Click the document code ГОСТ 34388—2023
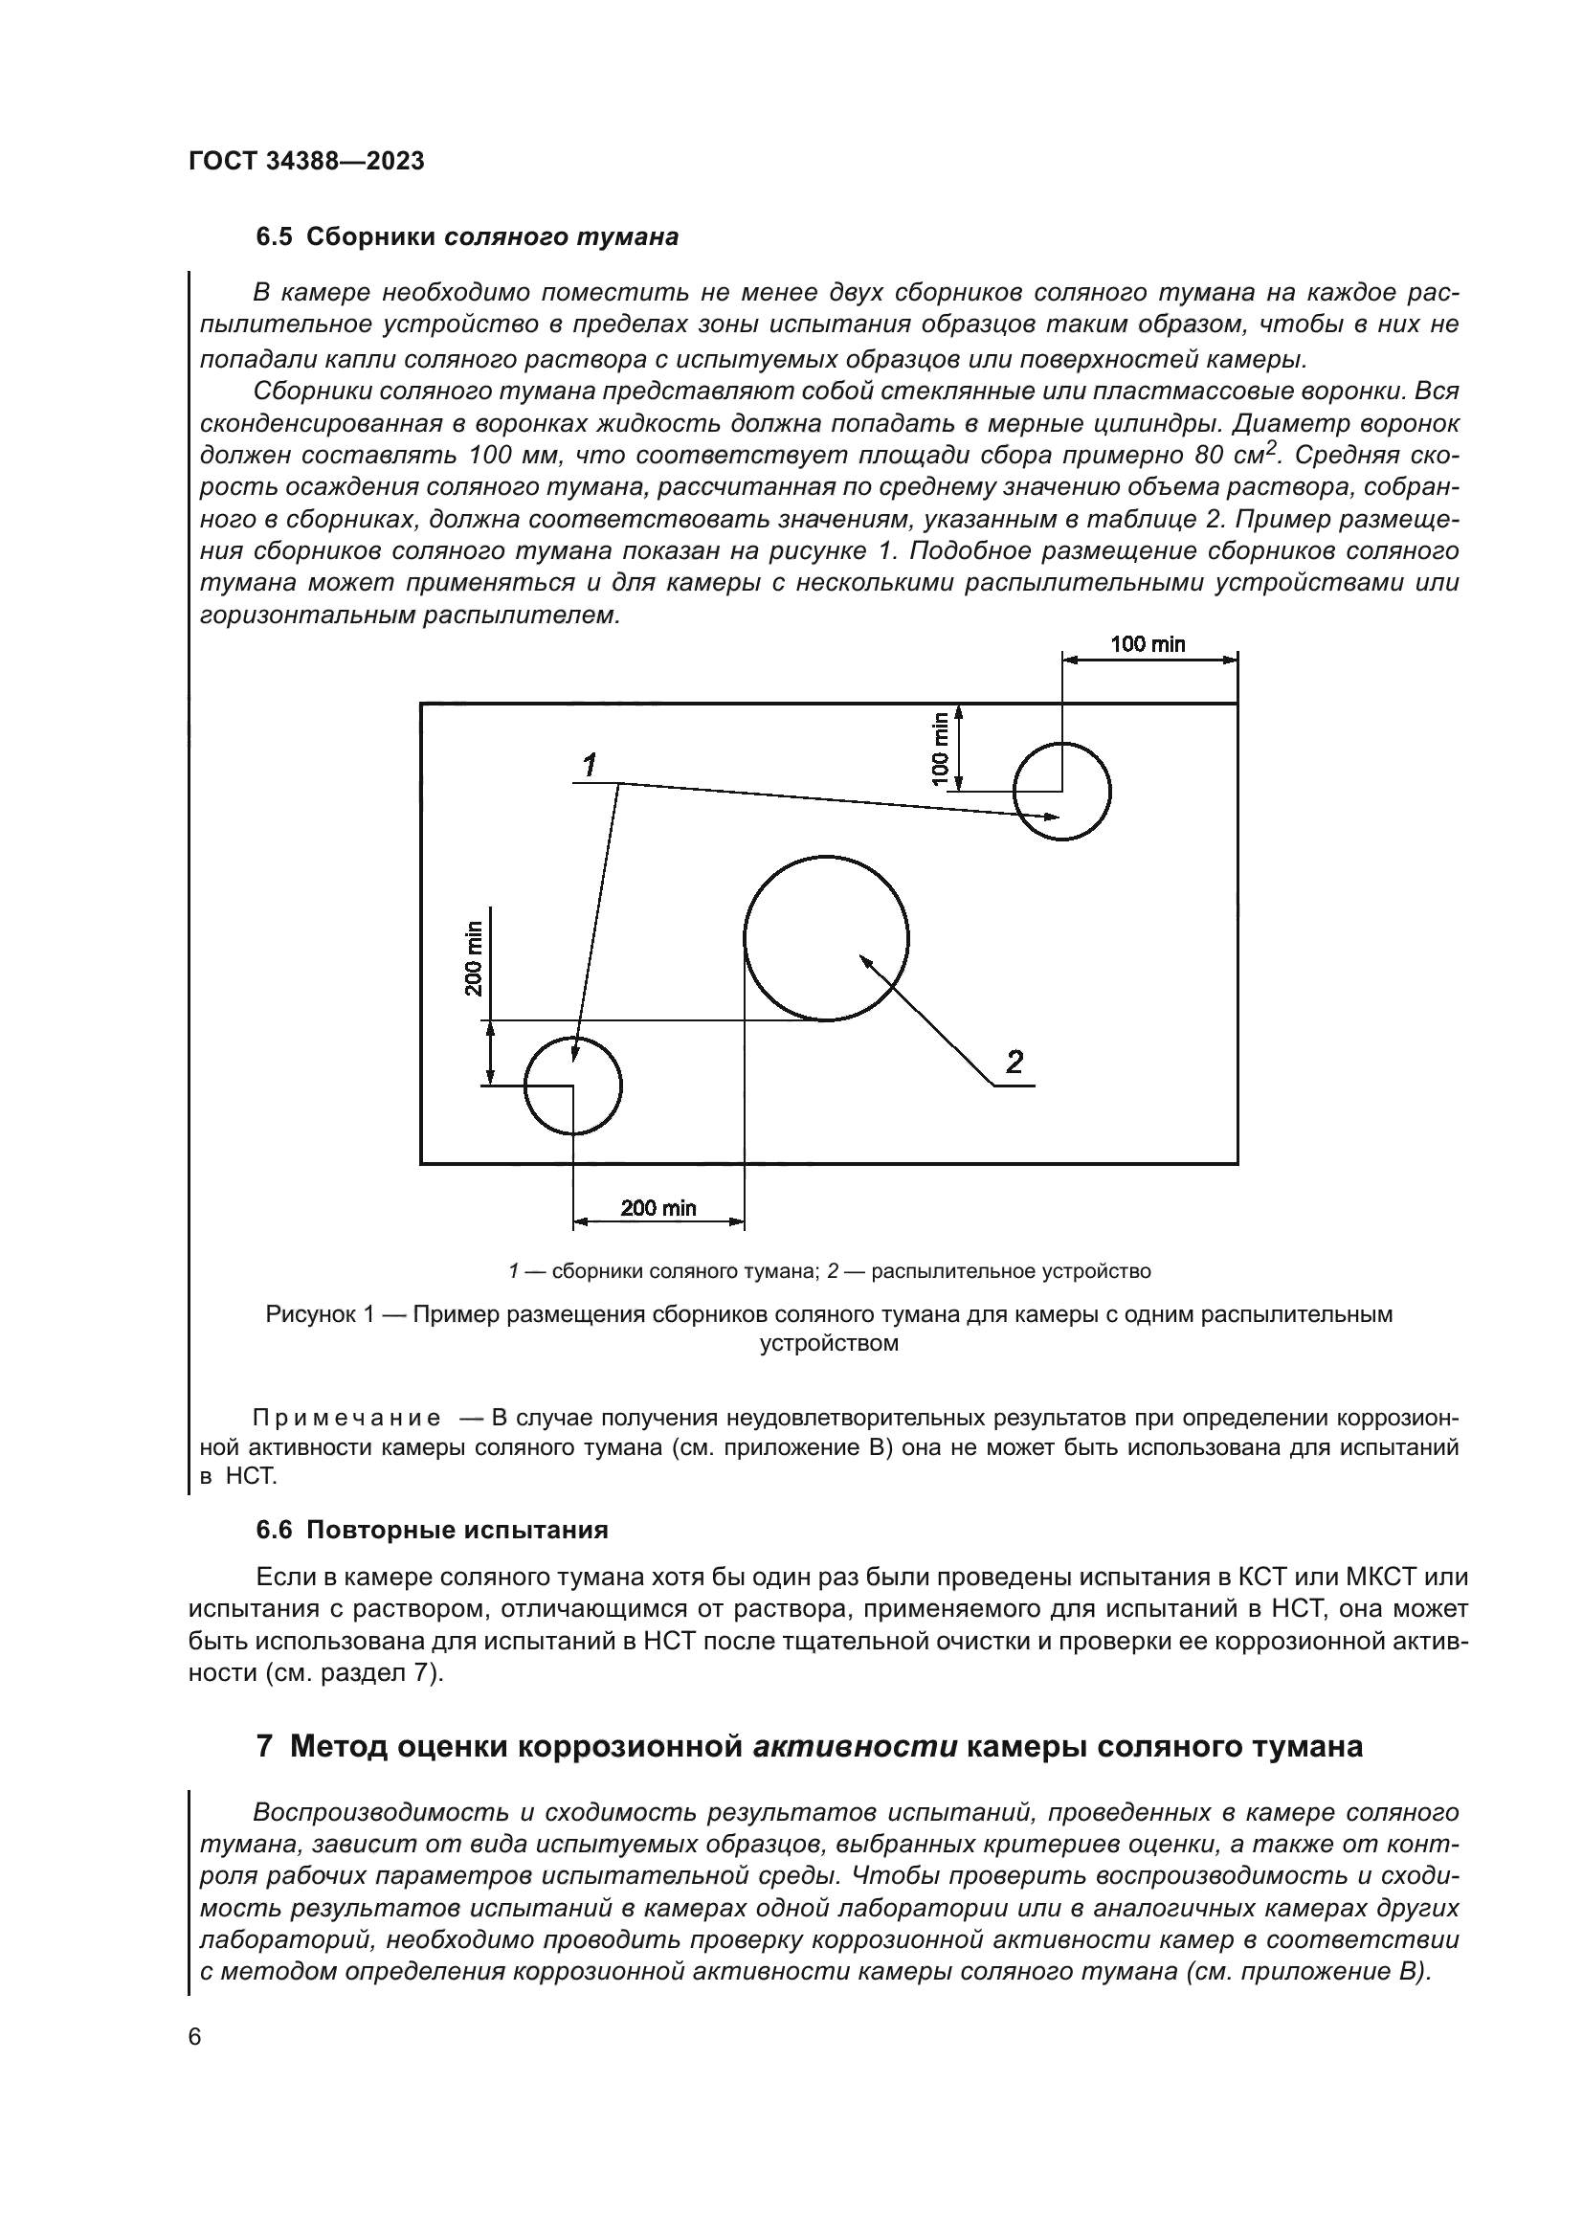306,162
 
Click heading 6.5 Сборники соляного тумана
467,237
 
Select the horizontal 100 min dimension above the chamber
1148,643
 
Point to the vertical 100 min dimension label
940,748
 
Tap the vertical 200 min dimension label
474,957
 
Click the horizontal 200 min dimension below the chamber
658,1208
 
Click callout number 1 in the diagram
590,767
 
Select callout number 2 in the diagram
1014,1062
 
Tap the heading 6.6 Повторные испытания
432,1530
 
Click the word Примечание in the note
346,1417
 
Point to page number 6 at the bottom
195,2037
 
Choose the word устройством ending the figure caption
829,1344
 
